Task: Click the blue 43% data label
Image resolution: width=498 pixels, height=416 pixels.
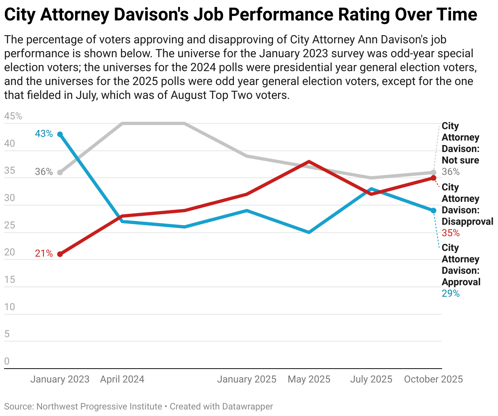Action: pyautogui.click(x=44, y=134)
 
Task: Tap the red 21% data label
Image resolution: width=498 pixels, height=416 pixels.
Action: pyautogui.click(x=44, y=253)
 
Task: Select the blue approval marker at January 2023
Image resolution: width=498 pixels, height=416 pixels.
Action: pyautogui.click(x=60, y=134)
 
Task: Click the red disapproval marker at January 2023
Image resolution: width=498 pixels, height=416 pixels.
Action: pyautogui.click(x=60, y=254)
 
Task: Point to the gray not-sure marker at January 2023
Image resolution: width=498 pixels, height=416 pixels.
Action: pyautogui.click(x=60, y=172)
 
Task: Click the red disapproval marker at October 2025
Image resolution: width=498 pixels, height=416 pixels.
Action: pyautogui.click(x=434, y=178)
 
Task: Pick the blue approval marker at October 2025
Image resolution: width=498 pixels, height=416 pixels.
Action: pyautogui.click(x=434, y=210)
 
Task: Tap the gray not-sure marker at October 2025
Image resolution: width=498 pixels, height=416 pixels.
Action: pyautogui.click(x=434, y=172)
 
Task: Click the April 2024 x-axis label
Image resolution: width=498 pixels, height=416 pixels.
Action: pyautogui.click(x=122, y=379)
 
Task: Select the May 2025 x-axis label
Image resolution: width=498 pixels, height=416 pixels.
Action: pyautogui.click(x=309, y=379)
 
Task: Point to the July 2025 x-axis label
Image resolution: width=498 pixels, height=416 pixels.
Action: pyautogui.click(x=371, y=379)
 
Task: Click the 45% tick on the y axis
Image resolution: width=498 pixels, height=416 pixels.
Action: pyautogui.click(x=13, y=116)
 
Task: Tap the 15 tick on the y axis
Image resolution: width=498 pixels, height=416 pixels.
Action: pyautogui.click(x=10, y=280)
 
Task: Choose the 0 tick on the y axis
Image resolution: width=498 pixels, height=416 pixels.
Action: pyautogui.click(x=7, y=362)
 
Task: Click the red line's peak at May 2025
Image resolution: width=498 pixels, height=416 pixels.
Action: pyautogui.click(x=309, y=161)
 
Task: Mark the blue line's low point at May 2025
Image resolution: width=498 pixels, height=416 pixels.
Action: pyautogui.click(x=309, y=232)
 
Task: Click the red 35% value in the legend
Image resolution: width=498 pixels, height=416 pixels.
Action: pyautogui.click(x=451, y=233)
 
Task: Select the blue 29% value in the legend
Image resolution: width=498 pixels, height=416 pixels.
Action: pyautogui.click(x=451, y=293)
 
